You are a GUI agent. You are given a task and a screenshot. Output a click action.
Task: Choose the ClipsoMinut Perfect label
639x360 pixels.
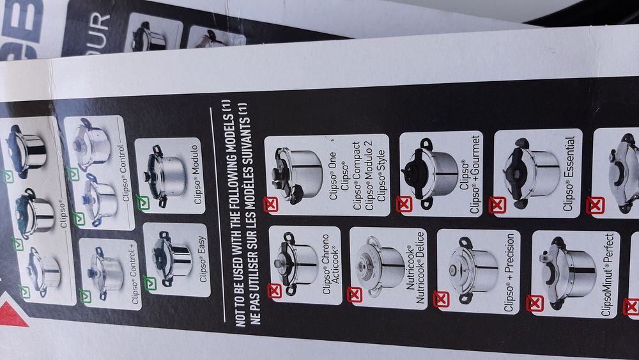tap(608, 276)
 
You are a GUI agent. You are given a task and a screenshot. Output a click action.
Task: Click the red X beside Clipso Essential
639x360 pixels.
tap(497, 205)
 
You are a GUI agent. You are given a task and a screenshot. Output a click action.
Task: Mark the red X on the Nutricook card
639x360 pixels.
tap(355, 295)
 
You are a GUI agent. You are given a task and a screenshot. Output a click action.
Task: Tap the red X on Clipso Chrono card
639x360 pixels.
tap(274, 291)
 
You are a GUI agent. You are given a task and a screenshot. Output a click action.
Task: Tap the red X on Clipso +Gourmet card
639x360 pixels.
tap(404, 204)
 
